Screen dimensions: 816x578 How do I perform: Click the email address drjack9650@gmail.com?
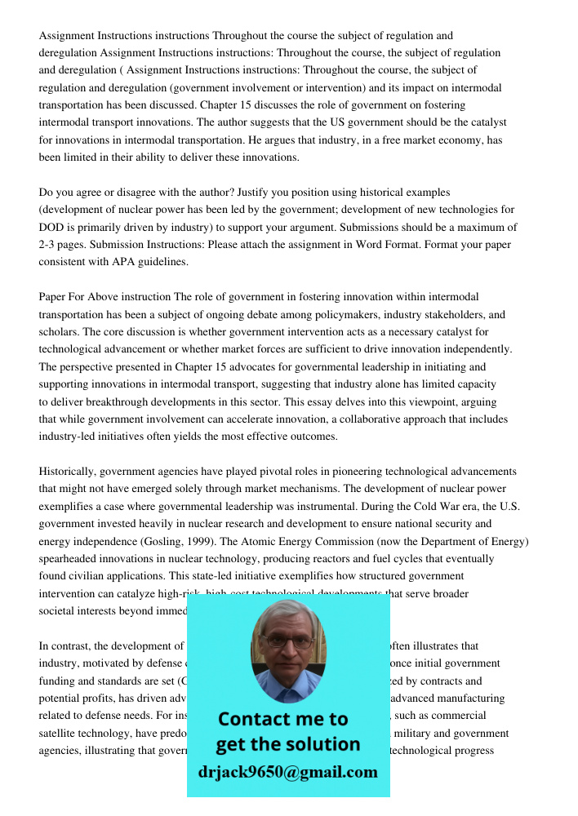tap(287, 772)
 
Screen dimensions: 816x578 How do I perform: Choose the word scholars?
tap(58, 332)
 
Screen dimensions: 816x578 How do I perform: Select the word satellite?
tap(61, 733)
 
